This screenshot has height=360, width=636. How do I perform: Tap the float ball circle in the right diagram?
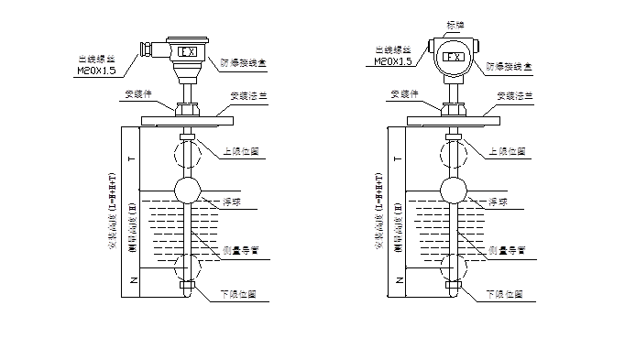click(455, 191)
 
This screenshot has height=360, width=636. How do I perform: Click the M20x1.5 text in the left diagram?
click(97, 69)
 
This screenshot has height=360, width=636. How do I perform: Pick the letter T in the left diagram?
click(134, 158)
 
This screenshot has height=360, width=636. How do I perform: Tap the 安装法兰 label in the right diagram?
click(517, 94)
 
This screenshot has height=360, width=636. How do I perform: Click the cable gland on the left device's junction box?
click(147, 47)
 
